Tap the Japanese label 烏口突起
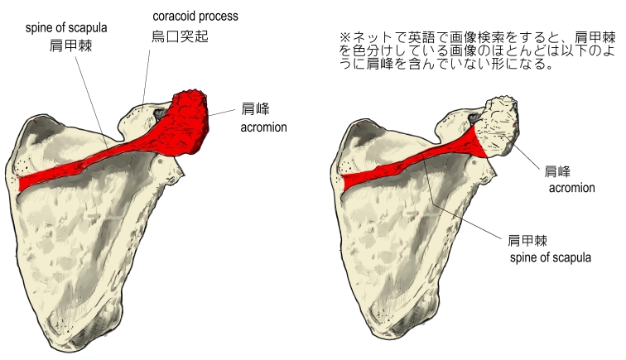(176, 36)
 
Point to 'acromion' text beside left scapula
(263, 128)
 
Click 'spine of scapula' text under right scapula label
(550, 258)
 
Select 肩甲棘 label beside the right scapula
(525, 240)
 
